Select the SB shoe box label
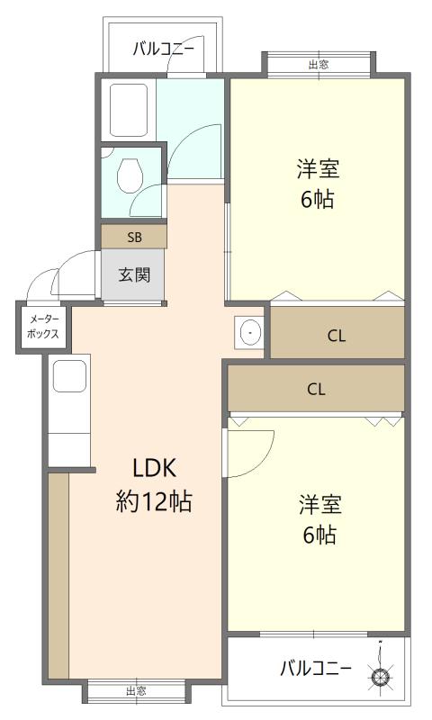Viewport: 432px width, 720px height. click(133, 237)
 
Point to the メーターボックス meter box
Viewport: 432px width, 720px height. click(42, 326)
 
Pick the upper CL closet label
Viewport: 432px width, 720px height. click(336, 336)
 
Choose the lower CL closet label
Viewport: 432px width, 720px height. click(315, 390)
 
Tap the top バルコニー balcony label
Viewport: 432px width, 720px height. click(163, 49)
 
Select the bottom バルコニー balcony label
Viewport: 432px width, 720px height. click(309, 669)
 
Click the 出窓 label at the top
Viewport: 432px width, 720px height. click(318, 65)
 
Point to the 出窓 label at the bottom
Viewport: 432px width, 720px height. click(136, 691)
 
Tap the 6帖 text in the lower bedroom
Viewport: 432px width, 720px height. click(318, 535)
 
